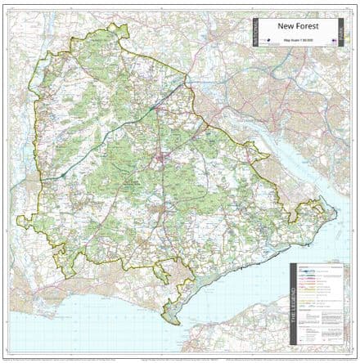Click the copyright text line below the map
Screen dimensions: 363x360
tap(180, 358)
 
